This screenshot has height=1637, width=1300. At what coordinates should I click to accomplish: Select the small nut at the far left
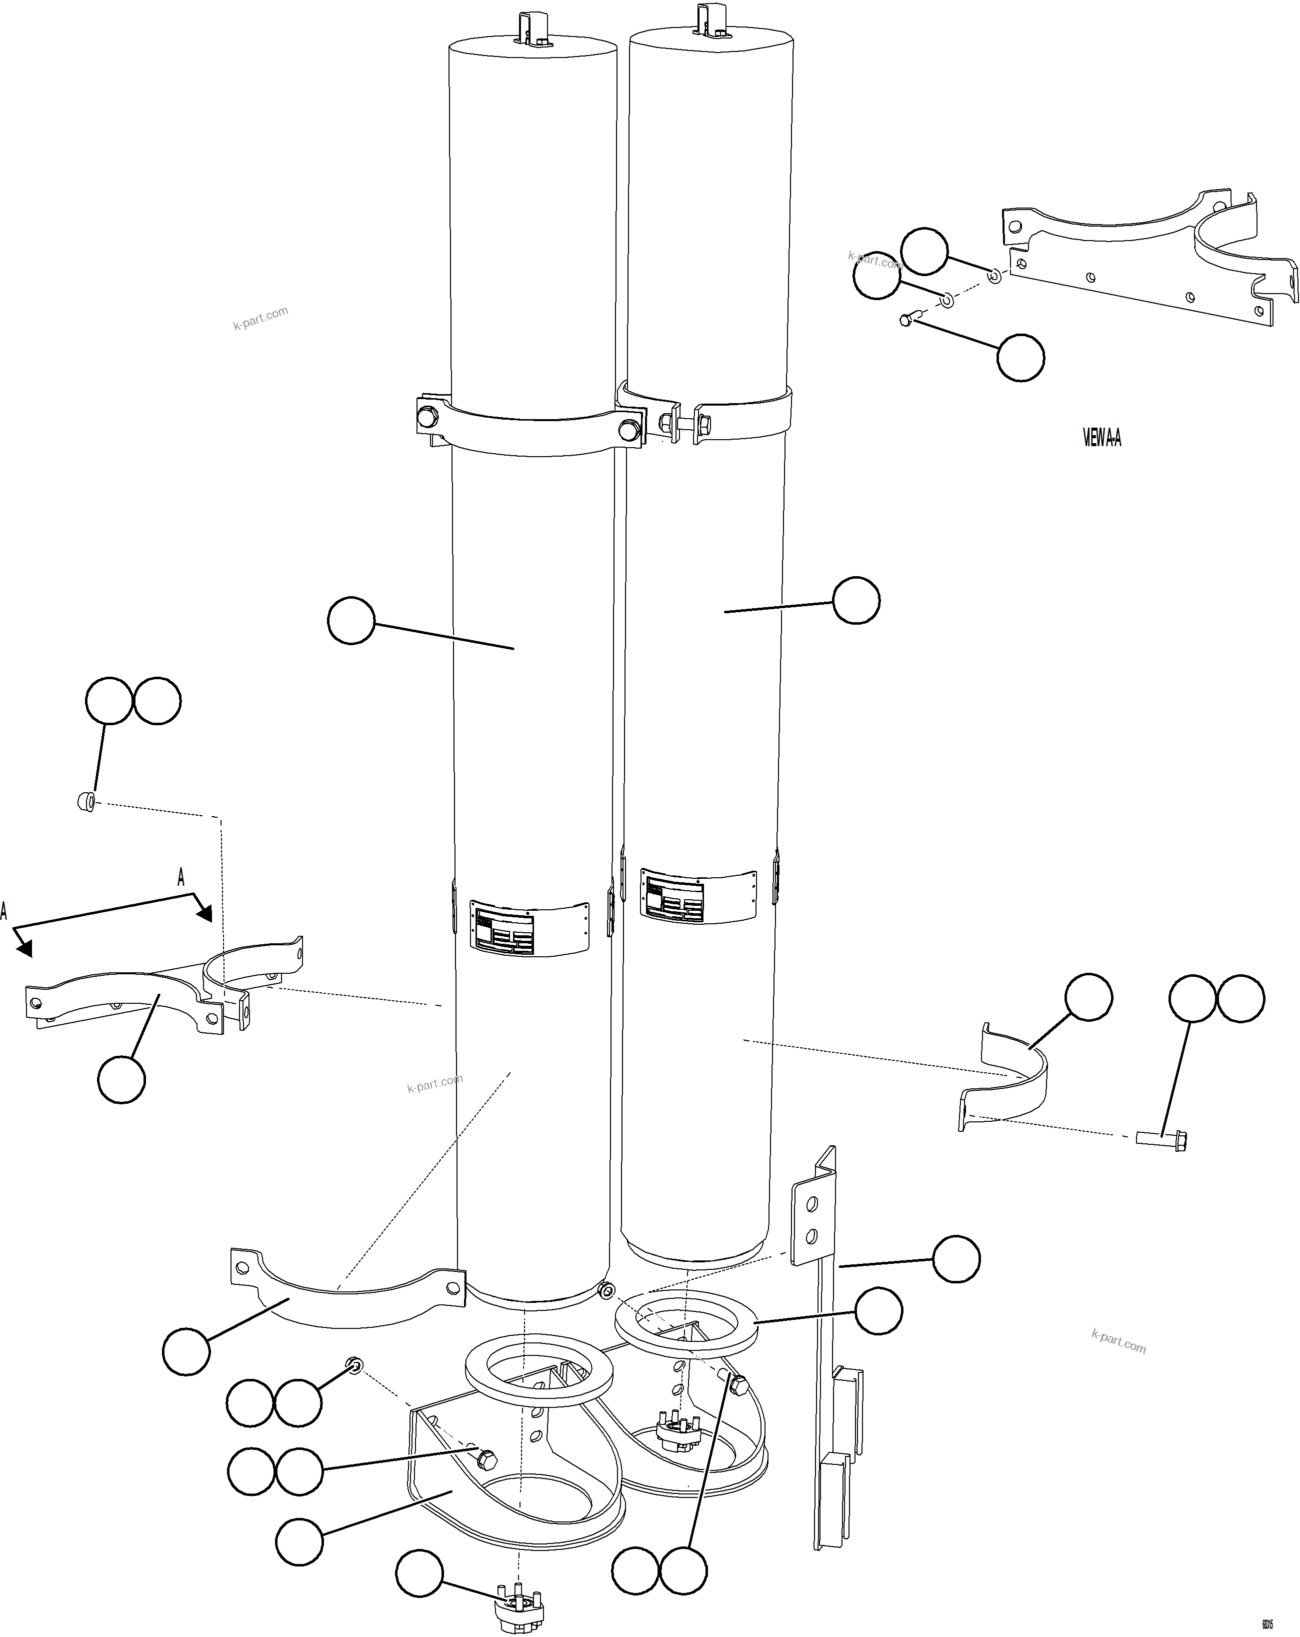click(86, 801)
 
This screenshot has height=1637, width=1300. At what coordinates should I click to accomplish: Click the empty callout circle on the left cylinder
click(351, 620)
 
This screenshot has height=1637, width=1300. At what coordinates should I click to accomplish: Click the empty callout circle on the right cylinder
click(856, 601)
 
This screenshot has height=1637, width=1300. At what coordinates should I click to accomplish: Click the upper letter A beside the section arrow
click(180, 878)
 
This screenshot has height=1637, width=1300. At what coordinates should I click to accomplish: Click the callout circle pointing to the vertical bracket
click(955, 1259)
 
